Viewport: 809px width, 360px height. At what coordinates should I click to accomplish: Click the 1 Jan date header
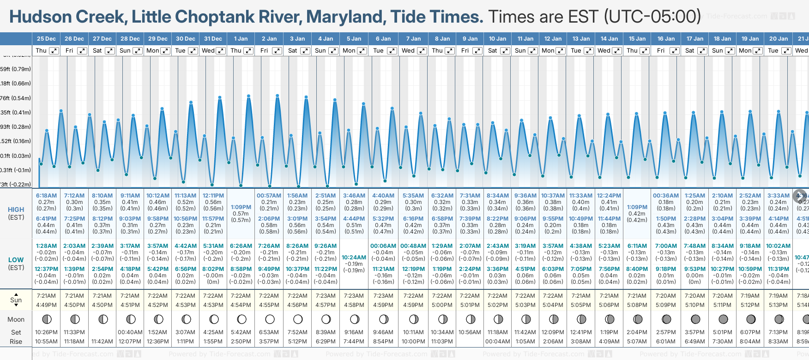[241, 39]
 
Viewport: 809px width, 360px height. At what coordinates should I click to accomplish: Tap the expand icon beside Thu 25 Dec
[54, 51]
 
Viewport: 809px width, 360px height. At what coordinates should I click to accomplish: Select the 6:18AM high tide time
[46, 196]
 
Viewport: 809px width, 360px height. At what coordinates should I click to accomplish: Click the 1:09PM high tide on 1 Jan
[241, 207]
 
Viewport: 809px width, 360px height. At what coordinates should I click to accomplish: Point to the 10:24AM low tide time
[354, 258]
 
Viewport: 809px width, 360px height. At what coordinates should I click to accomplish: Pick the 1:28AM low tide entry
[46, 246]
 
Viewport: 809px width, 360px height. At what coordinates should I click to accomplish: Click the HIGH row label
[16, 210]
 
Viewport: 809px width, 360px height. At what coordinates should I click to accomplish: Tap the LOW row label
[16, 260]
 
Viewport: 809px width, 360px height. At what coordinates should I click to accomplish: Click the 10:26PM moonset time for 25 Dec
[46, 332]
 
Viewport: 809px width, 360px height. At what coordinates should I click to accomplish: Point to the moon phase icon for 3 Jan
[298, 319]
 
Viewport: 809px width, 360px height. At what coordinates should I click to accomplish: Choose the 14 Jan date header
[609, 39]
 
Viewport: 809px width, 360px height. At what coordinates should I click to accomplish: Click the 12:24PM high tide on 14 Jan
[609, 196]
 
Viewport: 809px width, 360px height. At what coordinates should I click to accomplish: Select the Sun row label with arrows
[16, 300]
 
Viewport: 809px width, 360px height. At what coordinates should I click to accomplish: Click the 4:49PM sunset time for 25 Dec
[46, 305]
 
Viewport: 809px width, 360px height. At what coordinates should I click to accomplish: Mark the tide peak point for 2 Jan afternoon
[278, 96]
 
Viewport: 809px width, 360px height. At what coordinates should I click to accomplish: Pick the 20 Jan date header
[778, 39]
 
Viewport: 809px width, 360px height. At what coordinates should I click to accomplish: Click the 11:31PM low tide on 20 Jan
[778, 269]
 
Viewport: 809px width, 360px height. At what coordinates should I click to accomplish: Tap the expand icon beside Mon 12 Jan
[561, 51]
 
